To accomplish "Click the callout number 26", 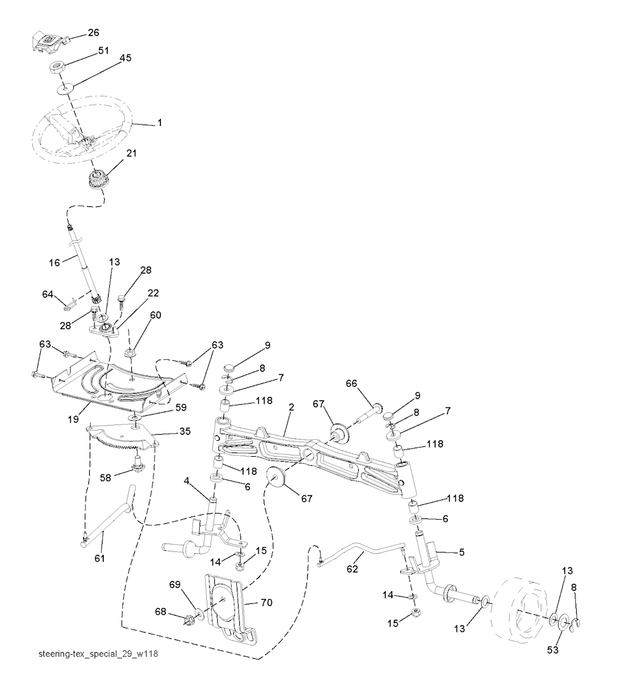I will click(x=93, y=32).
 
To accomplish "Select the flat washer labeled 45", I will click(x=63, y=90).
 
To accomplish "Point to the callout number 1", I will click(x=159, y=123).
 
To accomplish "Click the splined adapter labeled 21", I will click(x=96, y=181).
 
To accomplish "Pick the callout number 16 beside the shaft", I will click(x=54, y=262).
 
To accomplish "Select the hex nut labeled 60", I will click(x=130, y=352).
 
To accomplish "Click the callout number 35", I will click(x=185, y=431).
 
